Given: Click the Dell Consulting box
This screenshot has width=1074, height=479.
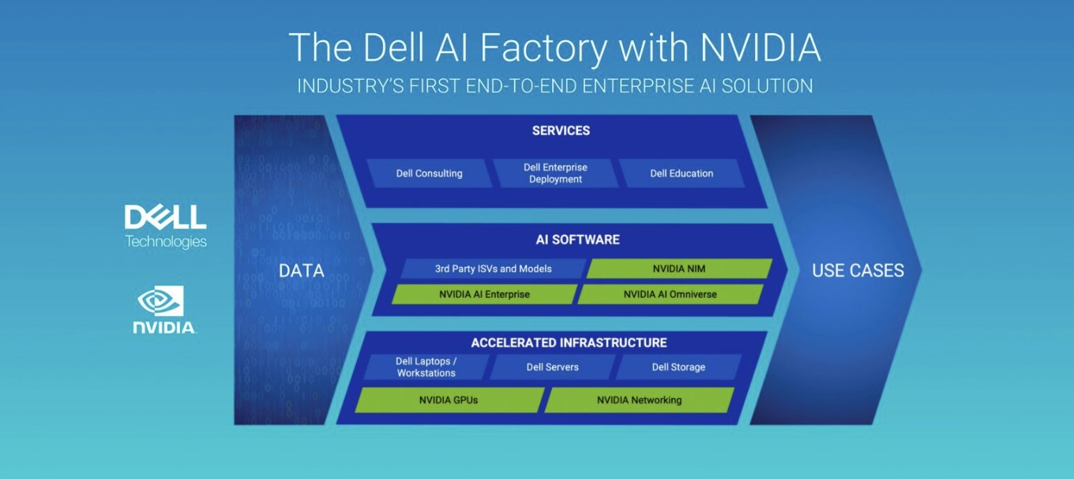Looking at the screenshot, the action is point(429,173).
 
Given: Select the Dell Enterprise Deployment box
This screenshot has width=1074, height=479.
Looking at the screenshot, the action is point(555,173).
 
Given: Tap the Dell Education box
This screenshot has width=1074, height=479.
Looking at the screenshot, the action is point(682,173).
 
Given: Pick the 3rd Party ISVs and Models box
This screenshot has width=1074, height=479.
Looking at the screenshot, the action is point(494,269).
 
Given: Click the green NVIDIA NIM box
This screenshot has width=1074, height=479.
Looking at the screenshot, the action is point(679,269).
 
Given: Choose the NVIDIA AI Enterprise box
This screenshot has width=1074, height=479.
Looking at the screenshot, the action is point(485,294).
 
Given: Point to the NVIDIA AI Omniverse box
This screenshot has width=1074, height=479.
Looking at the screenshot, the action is point(670,294).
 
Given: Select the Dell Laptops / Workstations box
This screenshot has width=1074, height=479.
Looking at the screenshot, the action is point(426,368).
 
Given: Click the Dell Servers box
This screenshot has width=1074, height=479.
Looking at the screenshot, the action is point(552,368).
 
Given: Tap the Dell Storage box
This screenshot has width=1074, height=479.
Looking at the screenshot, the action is point(678,368).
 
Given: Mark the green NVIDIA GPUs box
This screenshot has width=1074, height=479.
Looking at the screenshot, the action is point(449,400).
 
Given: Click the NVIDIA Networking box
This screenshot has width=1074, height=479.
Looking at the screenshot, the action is point(639,400).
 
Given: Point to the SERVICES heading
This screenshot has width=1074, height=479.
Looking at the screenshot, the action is point(561,130).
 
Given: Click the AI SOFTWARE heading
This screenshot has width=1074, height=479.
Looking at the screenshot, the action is point(578,239).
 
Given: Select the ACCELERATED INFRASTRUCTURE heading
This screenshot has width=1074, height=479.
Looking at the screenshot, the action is point(569,343).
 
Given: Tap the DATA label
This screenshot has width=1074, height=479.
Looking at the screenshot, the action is point(302,270).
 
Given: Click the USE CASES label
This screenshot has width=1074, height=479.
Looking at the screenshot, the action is point(858,270).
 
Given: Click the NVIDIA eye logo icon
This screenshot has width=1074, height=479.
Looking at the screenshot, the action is point(160,301).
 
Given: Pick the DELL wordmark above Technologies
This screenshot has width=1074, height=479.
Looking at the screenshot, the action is point(165,217).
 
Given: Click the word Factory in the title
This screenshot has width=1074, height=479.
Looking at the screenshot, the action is point(543,48).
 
